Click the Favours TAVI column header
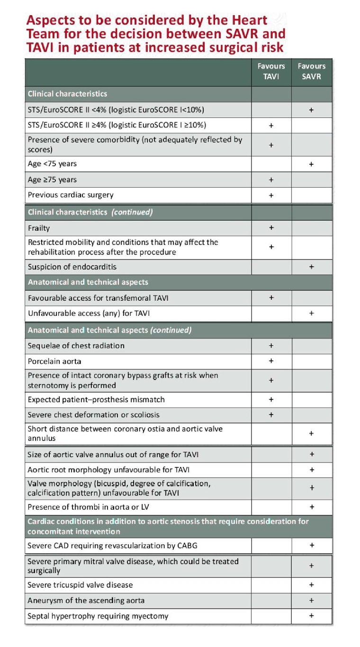(271, 71)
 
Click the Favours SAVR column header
(311, 71)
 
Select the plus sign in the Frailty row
(271, 228)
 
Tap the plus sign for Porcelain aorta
(271, 361)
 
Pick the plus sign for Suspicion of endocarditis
(311, 267)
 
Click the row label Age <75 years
(52, 164)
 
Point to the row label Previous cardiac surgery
(71, 195)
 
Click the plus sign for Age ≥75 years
(271, 180)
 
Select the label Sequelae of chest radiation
(76, 345)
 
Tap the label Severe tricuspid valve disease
(80, 584)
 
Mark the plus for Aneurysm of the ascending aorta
(311, 600)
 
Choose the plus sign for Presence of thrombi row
(311, 506)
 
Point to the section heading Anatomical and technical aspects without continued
(88, 282)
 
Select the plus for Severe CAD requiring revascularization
(311, 545)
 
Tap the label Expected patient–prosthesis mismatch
(96, 399)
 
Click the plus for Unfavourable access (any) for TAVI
(311, 313)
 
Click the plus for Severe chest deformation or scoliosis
(271, 414)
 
